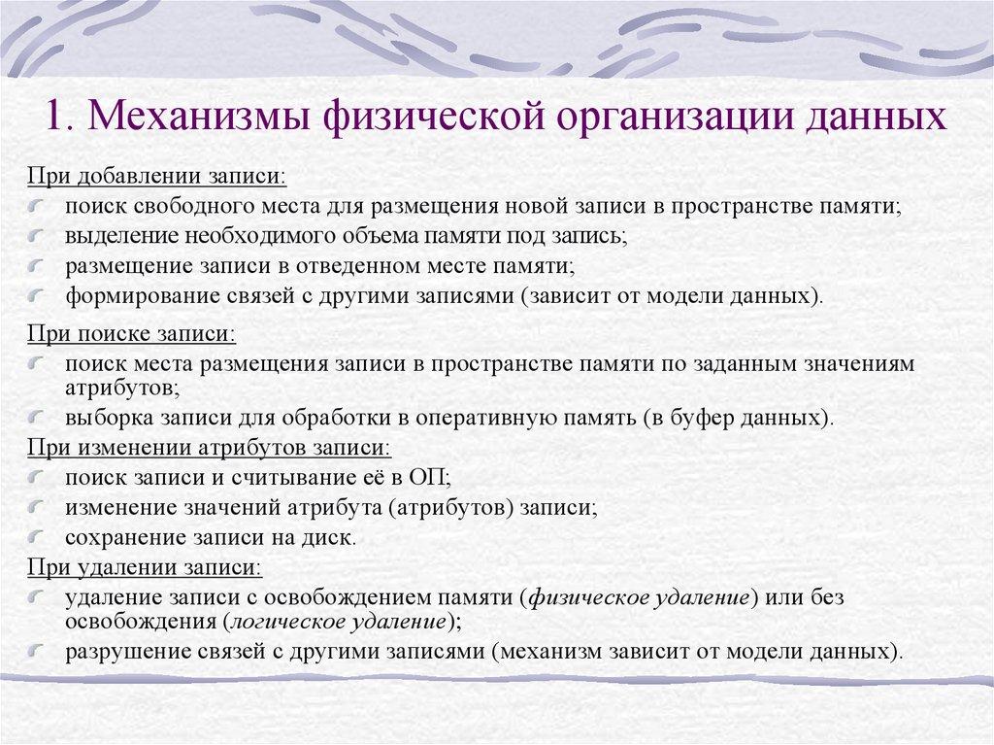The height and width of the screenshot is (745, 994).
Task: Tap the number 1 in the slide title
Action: [x=55, y=118]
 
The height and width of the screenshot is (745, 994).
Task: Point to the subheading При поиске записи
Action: [x=130, y=334]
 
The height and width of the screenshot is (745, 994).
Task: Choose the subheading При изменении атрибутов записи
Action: [x=208, y=449]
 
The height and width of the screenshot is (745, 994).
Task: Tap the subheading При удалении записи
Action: [x=143, y=566]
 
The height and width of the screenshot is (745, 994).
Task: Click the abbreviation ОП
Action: [x=425, y=478]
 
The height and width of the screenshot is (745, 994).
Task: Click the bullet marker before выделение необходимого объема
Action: [x=36, y=237]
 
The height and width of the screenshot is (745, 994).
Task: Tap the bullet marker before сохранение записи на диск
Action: [x=36, y=537]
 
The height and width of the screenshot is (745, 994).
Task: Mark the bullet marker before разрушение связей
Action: [x=36, y=651]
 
